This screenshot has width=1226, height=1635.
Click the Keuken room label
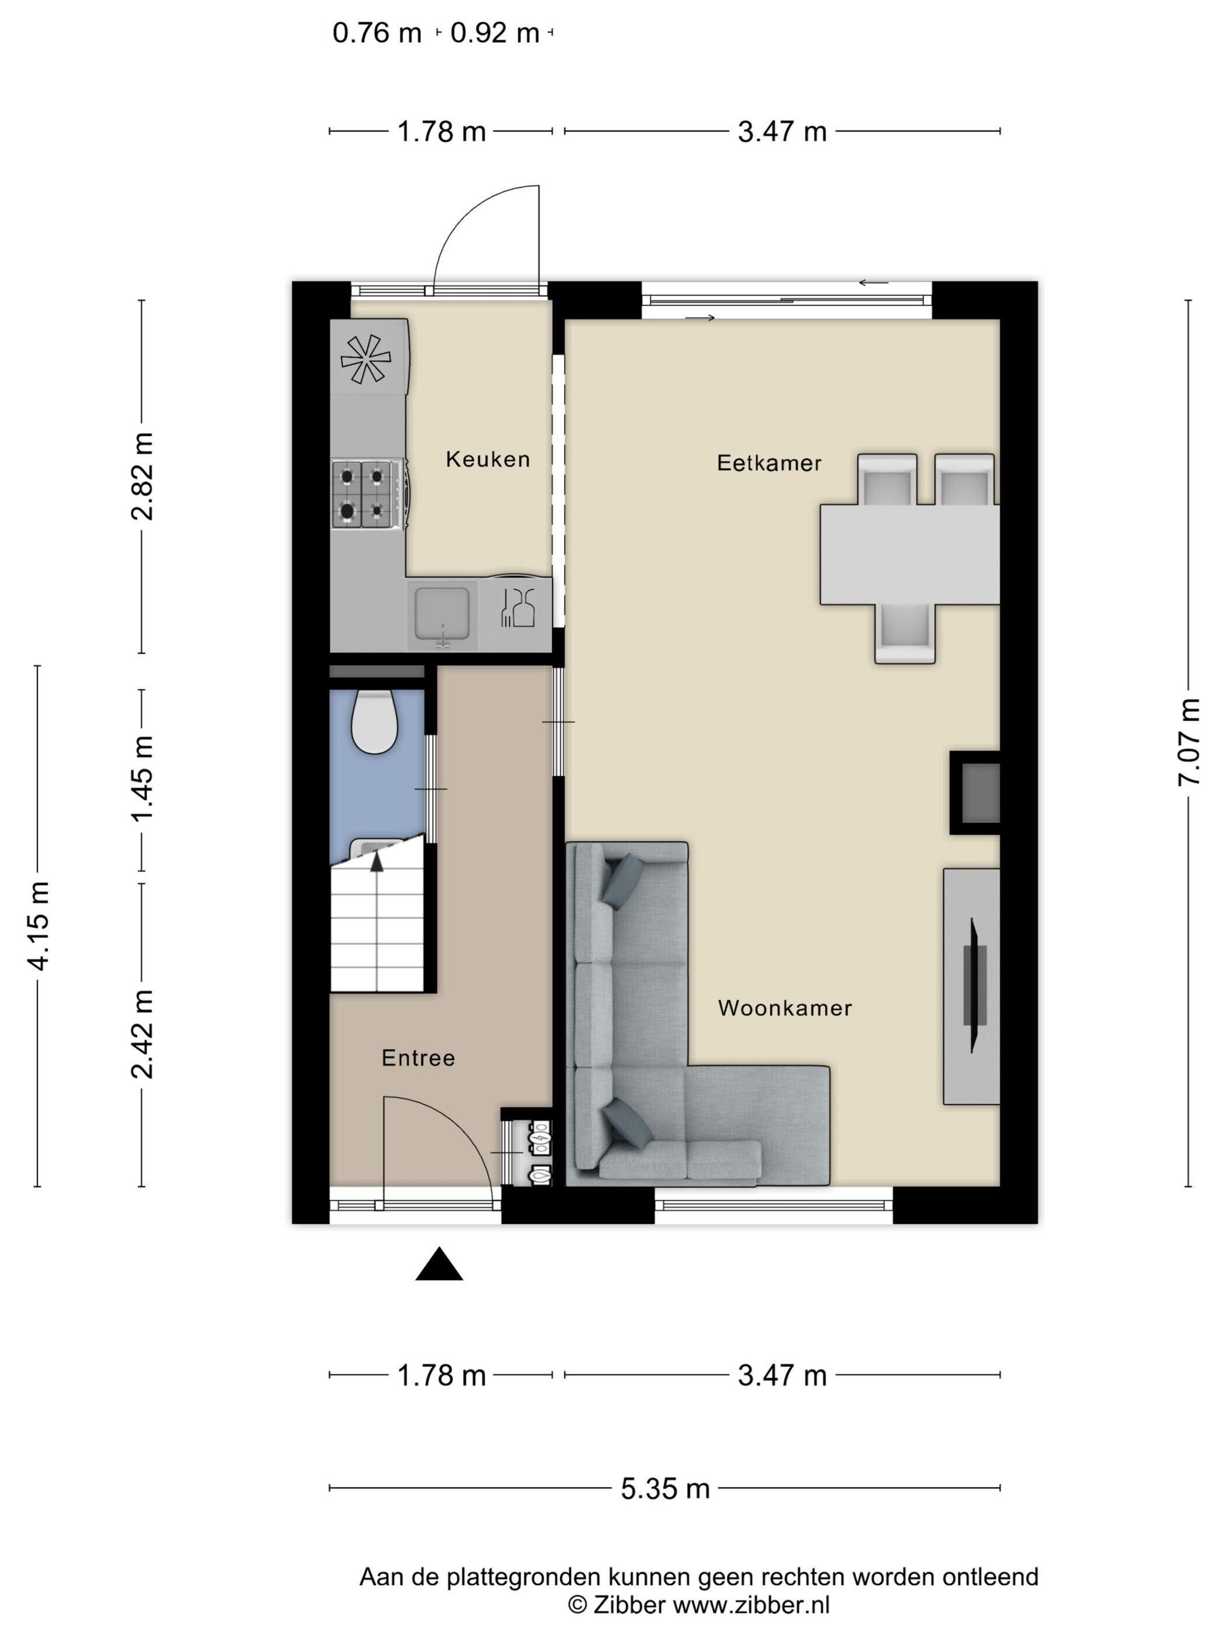tap(487, 460)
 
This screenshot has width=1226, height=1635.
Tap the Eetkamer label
tap(769, 464)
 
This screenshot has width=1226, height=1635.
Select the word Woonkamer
tap(785, 1008)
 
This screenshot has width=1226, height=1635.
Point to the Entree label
tap(418, 1059)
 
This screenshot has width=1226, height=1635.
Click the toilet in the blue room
tap(375, 721)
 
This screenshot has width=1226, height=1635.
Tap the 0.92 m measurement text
tap(495, 33)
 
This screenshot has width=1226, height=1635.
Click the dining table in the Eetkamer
tap(910, 554)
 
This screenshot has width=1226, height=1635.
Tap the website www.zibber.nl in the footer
tap(751, 1605)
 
